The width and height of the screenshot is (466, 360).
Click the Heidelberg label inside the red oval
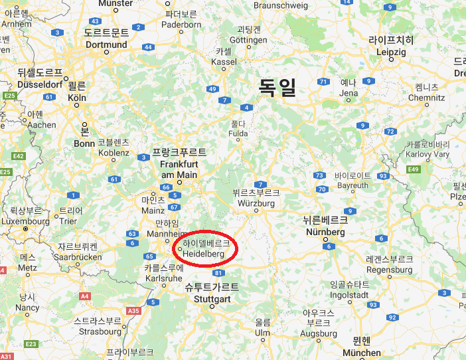204,249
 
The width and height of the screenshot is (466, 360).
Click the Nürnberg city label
325,227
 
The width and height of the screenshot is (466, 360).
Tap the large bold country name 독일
277,86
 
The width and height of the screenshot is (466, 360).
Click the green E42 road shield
18,156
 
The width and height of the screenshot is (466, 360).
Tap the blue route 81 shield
219,273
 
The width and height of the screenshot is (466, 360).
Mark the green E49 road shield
414,169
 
